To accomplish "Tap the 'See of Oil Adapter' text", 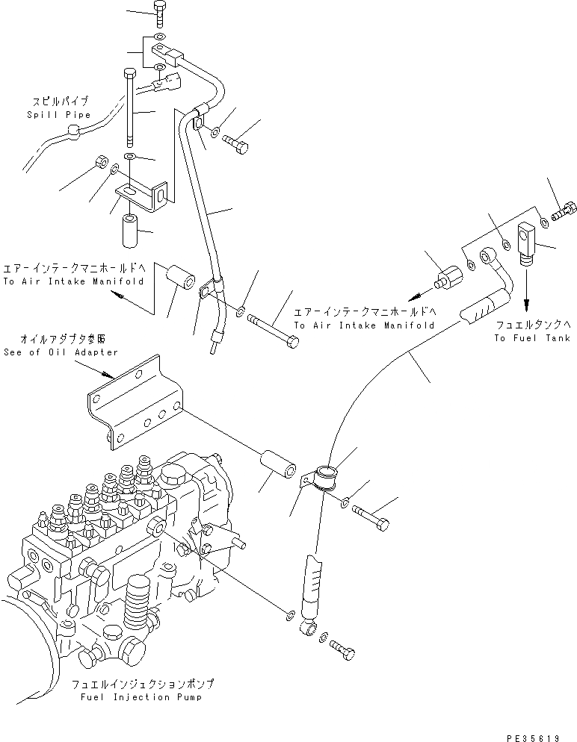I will (x=61, y=352).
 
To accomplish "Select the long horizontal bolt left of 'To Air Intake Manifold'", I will (x=276, y=329).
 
